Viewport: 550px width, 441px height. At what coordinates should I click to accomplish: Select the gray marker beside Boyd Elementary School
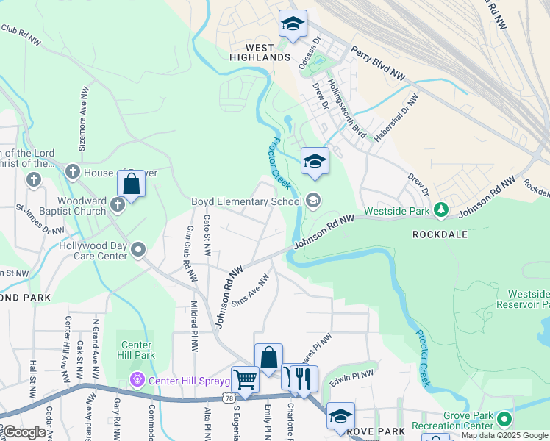(x=313, y=201)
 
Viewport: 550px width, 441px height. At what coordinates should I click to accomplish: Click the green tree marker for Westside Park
(x=441, y=210)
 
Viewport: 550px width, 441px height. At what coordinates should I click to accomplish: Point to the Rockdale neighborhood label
(x=438, y=234)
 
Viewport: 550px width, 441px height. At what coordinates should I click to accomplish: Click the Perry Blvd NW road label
(x=378, y=63)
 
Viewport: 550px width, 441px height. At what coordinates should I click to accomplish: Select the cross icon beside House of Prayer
(x=72, y=172)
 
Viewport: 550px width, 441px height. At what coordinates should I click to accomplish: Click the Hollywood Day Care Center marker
(x=138, y=251)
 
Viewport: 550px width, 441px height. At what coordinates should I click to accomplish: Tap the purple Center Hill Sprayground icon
(x=136, y=380)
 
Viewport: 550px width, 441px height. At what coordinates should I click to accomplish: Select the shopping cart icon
(x=245, y=380)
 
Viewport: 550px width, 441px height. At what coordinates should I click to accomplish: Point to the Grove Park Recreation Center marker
(x=504, y=420)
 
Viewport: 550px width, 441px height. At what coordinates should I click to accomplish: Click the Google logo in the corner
(x=24, y=433)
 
